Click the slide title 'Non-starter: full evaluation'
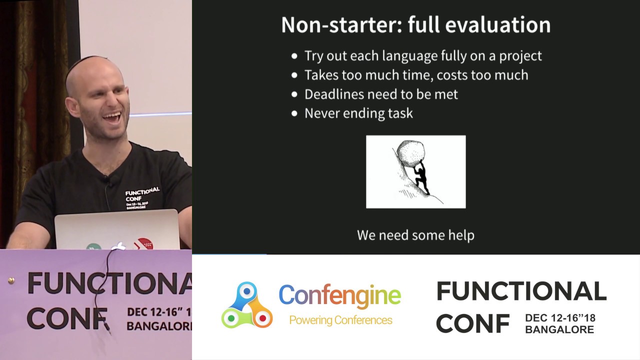click(415, 25)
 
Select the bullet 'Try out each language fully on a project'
click(422, 55)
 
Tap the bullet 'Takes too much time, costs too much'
click(416, 75)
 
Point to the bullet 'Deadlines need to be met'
click(381, 94)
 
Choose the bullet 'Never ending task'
click(358, 113)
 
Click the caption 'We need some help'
click(415, 235)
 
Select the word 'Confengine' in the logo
click(339, 295)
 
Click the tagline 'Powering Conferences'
click(340, 320)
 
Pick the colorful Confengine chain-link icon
click(247, 305)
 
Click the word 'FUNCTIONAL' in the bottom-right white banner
click(521, 291)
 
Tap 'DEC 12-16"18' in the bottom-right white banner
click(560, 318)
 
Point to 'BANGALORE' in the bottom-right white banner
click(559, 330)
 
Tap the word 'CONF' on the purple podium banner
click(67, 318)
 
